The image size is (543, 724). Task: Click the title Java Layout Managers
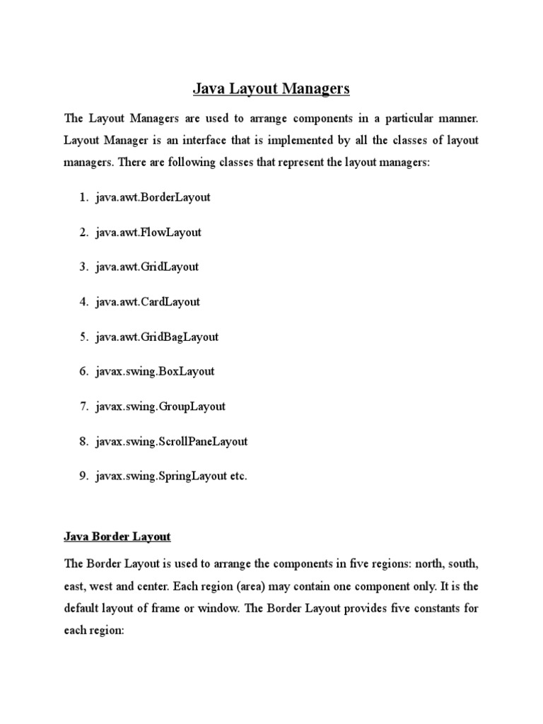click(x=271, y=89)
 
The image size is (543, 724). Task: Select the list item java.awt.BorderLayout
click(x=153, y=197)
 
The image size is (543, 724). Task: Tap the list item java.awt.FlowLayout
click(x=148, y=232)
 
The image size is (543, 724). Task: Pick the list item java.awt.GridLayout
click(x=147, y=267)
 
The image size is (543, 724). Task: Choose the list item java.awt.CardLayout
click(x=148, y=302)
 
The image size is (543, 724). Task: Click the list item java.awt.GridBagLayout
click(x=157, y=337)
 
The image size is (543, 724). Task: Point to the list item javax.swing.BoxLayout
click(x=155, y=371)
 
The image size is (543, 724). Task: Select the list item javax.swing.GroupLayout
click(x=160, y=407)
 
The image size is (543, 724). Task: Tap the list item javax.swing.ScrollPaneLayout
click(x=172, y=441)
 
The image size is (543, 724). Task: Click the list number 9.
click(x=83, y=477)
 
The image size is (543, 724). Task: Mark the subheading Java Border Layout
click(x=117, y=537)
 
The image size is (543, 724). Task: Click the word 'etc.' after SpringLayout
click(x=237, y=477)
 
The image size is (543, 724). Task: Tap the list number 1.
click(x=83, y=197)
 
